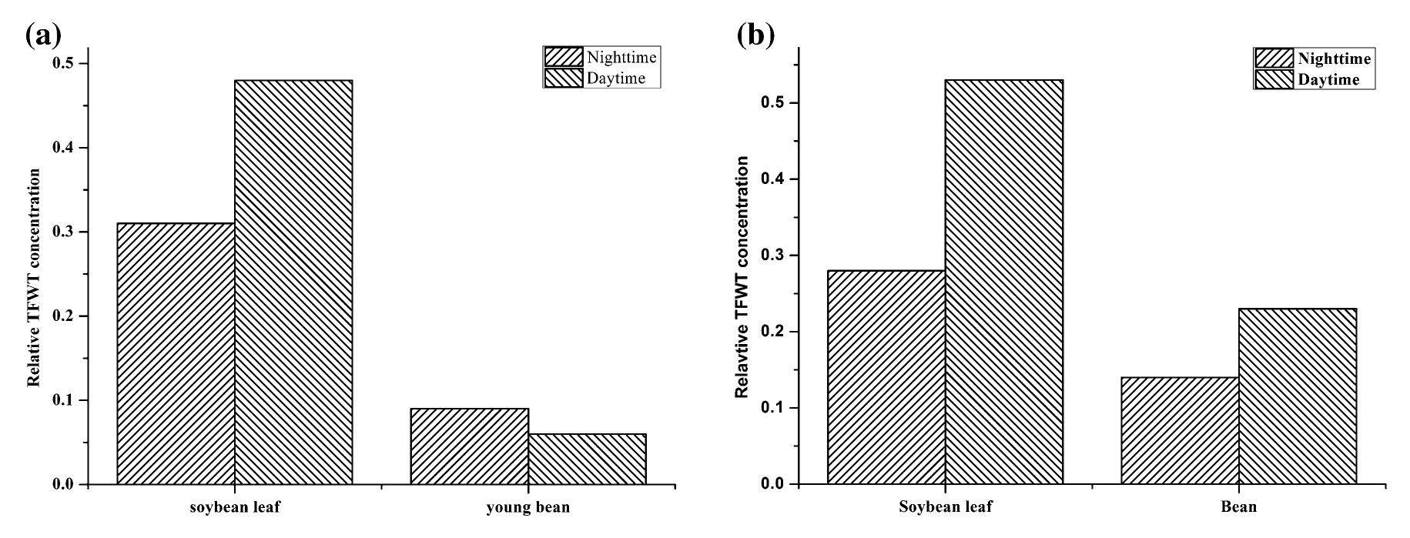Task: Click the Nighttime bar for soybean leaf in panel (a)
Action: (x=176, y=353)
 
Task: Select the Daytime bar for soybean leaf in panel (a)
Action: (x=293, y=282)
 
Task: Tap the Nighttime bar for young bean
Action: (x=469, y=446)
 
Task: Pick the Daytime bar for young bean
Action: (x=587, y=459)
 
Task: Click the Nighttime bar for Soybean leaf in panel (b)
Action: (x=886, y=377)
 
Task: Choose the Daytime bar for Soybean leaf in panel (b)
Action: (x=1004, y=282)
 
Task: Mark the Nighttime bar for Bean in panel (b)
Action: (x=1180, y=430)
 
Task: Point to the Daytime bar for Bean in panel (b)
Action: (x=1298, y=396)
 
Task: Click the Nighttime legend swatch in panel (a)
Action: (x=563, y=58)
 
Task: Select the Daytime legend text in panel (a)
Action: (x=616, y=79)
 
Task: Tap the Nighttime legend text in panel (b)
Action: (x=1334, y=59)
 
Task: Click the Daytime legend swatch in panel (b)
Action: (x=1274, y=80)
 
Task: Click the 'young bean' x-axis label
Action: (x=528, y=507)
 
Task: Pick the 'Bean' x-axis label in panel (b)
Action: (x=1238, y=507)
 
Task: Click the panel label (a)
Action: (x=43, y=35)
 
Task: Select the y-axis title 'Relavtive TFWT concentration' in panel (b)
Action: (x=742, y=277)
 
